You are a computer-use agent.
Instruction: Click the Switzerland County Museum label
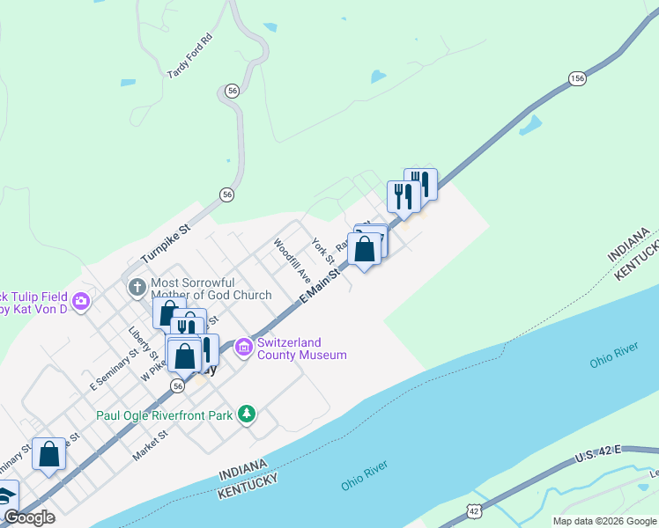(301, 348)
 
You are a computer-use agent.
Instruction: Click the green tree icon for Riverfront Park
(248, 414)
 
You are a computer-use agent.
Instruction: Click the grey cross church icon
(137, 287)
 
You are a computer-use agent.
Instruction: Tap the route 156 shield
(577, 79)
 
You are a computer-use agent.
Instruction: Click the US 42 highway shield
(474, 510)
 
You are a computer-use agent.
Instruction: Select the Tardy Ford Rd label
(189, 56)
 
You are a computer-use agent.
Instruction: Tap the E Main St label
(320, 287)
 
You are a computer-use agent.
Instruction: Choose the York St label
(323, 251)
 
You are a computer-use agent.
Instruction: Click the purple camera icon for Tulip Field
(82, 302)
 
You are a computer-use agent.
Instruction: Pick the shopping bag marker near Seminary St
(48, 455)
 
